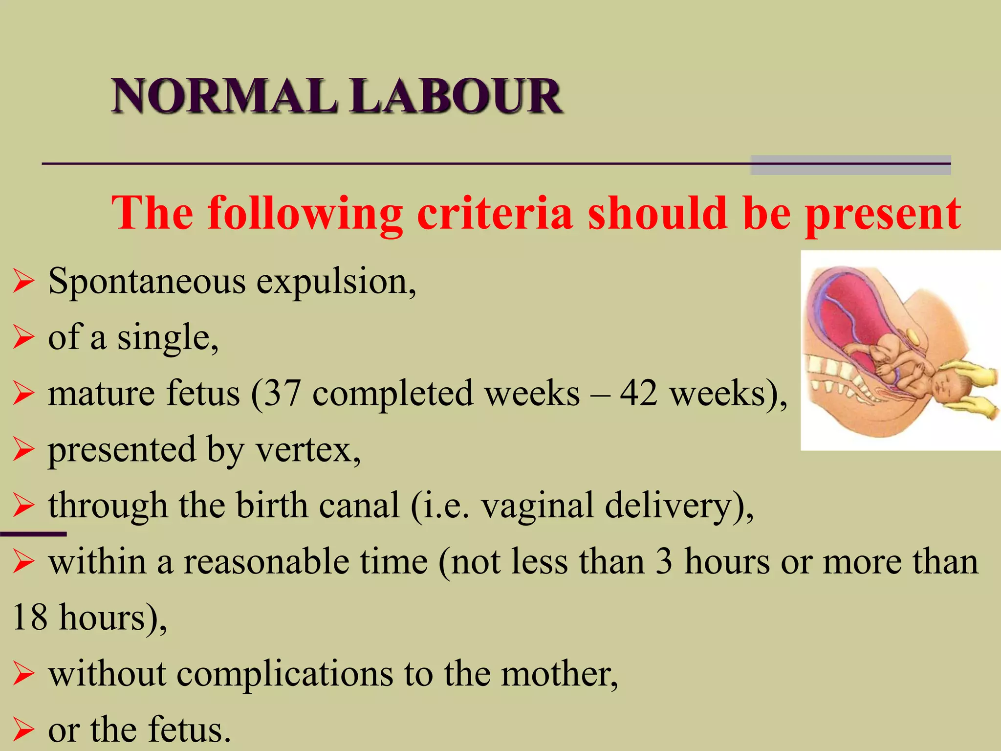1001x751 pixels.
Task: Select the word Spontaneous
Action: pyautogui.click(x=147, y=283)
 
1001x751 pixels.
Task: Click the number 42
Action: pyautogui.click(x=639, y=394)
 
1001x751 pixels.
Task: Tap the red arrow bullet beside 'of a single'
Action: pyautogui.click(x=23, y=338)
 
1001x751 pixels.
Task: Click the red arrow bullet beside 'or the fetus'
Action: pyautogui.click(x=23, y=730)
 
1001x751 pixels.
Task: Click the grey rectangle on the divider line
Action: pyautogui.click(x=850, y=165)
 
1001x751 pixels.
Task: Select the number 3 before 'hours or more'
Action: pyautogui.click(x=664, y=562)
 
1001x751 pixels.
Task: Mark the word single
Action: pyautogui.click(x=166, y=339)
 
